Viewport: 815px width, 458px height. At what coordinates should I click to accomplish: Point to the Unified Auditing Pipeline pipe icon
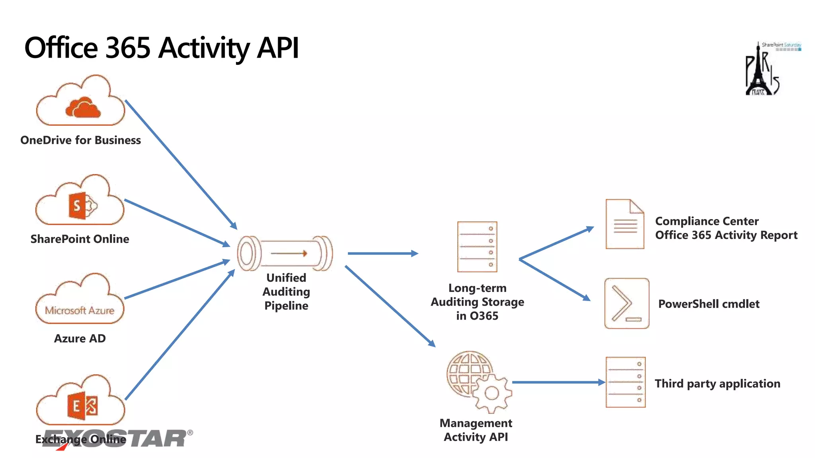coord(285,253)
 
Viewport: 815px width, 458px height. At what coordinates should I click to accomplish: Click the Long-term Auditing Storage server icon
coord(477,247)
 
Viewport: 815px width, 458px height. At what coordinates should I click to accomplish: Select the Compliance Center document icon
coord(625,224)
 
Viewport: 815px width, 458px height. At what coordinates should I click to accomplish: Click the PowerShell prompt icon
coord(627,303)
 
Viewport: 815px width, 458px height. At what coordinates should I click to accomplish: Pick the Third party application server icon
coord(626,382)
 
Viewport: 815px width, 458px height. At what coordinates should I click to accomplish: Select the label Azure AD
coord(80,338)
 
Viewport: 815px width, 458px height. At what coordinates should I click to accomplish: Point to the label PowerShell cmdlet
coord(709,304)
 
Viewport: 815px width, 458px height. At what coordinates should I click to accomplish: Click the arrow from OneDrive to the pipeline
coord(181,165)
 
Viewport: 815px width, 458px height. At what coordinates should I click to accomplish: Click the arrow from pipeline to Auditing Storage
coord(382,253)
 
